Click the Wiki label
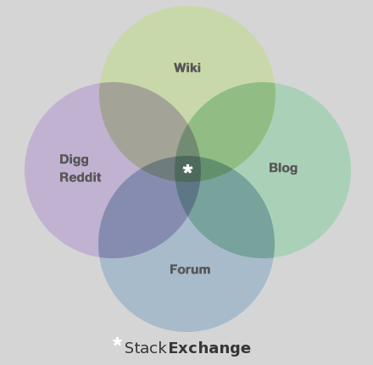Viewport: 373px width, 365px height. click(187, 68)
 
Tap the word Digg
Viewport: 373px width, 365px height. click(74, 160)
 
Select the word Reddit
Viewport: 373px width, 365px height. click(81, 177)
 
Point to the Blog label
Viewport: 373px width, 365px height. click(283, 168)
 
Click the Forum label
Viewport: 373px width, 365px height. click(190, 269)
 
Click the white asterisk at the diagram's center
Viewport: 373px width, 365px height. click(187, 169)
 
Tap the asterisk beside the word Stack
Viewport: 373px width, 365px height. click(117, 342)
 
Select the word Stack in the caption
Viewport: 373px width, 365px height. click(146, 348)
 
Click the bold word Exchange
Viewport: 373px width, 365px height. click(209, 348)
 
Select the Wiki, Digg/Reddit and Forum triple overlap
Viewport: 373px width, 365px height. click(159, 169)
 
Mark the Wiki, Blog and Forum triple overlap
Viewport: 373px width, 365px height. click(216, 169)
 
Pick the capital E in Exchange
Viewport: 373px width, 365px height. click(173, 348)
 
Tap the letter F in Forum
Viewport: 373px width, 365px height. click(173, 269)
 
